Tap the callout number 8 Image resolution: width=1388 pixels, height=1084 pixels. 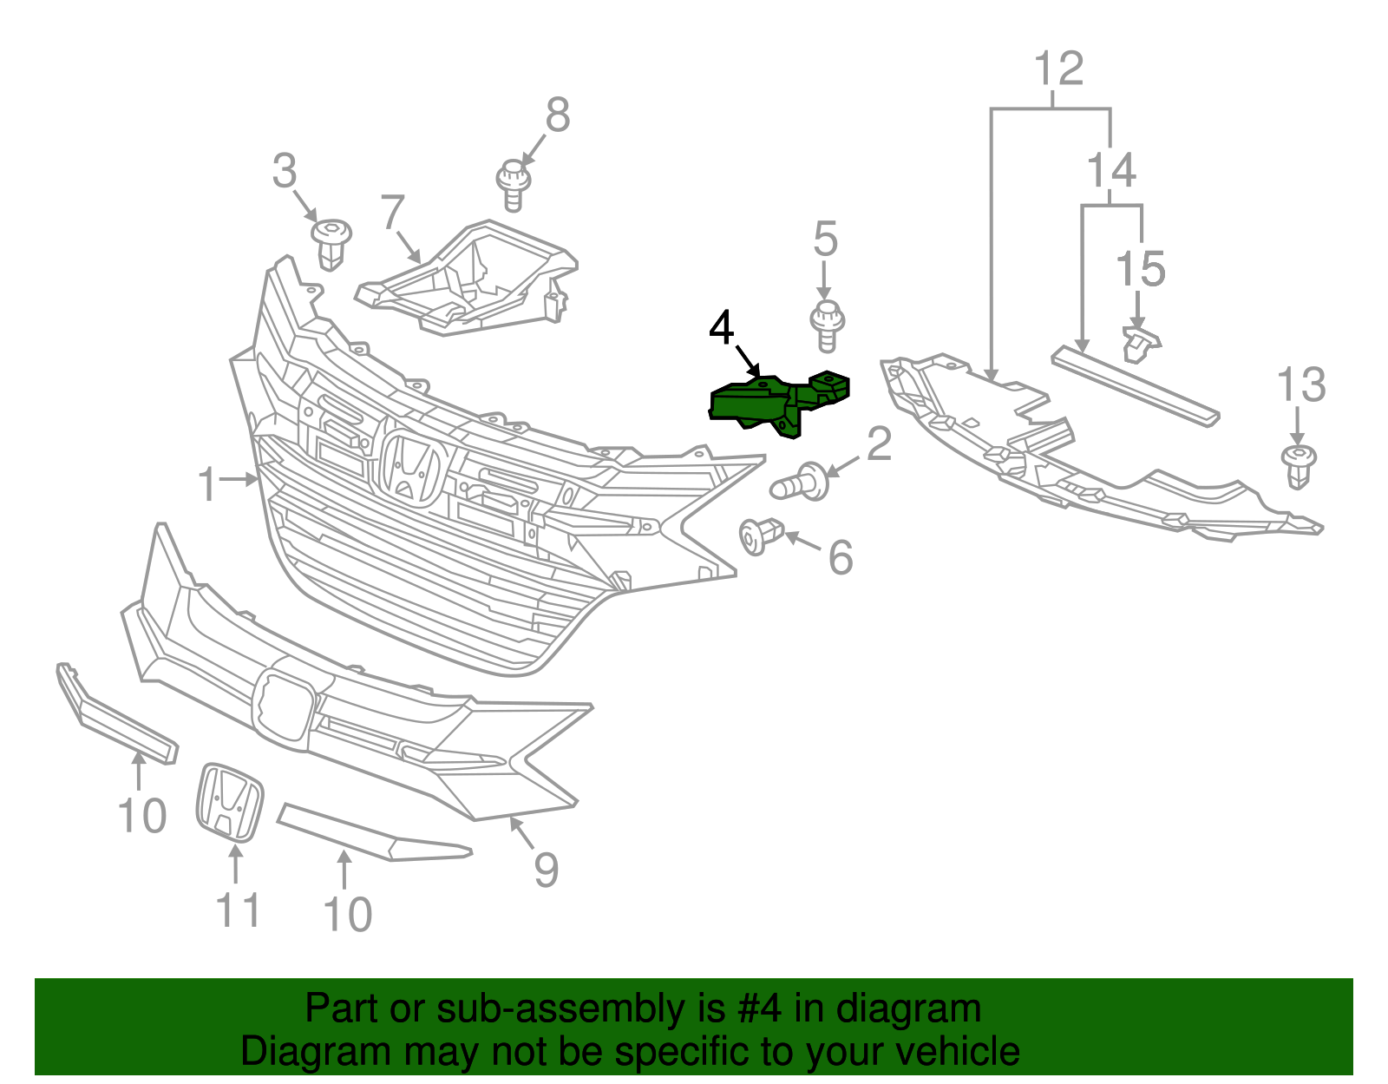coord(558,115)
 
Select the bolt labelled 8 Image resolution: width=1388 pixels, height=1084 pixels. coord(513,183)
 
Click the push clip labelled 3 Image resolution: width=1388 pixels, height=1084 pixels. coord(331,241)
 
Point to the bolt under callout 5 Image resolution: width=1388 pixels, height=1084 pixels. coord(828,326)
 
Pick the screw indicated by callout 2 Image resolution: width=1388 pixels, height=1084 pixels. coord(800,483)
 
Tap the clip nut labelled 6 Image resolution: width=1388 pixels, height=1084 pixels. coord(760,535)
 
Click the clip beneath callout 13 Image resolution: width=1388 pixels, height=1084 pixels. coord(1299,466)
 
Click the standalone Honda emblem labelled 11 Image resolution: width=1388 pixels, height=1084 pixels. coord(230,802)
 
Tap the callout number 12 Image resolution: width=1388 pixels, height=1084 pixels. coord(1059,69)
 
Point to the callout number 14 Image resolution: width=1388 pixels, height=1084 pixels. coord(1111,170)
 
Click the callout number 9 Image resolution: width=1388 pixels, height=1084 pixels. coord(546,869)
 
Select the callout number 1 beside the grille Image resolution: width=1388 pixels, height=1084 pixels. coord(206,484)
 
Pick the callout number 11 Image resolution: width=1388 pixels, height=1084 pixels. coord(237,910)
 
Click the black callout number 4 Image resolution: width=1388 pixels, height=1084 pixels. coord(721,328)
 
